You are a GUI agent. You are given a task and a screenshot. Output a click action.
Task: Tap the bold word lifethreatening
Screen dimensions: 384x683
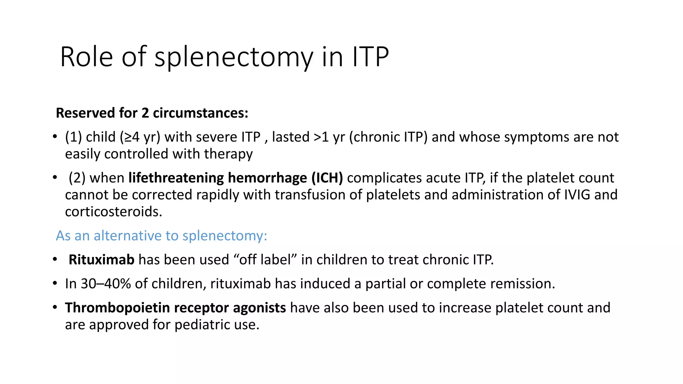pos(176,178)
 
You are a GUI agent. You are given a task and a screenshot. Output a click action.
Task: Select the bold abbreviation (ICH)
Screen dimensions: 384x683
pos(327,178)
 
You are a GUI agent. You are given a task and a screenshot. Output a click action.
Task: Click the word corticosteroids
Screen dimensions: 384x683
pos(113,212)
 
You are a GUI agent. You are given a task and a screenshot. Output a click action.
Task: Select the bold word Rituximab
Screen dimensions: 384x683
pos(101,260)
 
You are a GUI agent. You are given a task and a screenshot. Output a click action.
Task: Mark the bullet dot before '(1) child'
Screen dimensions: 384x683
pos(55,137)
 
